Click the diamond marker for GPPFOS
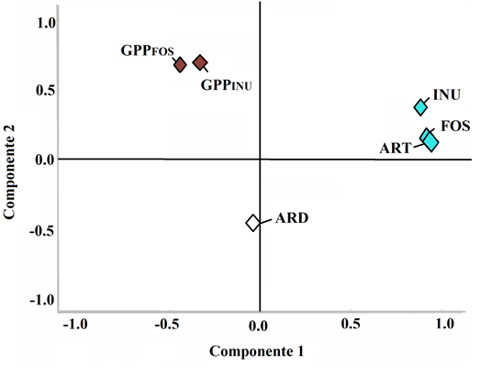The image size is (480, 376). [x=181, y=64]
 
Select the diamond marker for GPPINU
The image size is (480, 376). [x=200, y=62]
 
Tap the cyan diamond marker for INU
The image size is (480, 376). [x=421, y=107]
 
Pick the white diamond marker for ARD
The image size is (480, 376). [x=252, y=222]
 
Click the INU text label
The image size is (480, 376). [x=448, y=95]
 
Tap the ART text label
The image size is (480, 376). [x=394, y=146]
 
